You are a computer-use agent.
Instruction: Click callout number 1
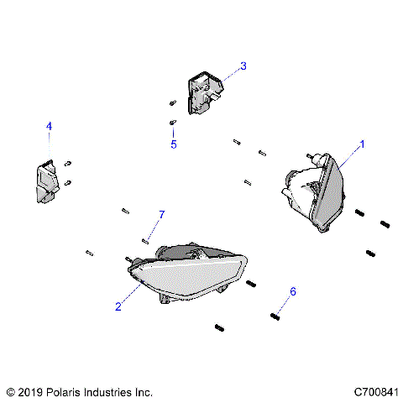click(x=363, y=144)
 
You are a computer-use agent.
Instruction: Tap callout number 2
click(x=118, y=306)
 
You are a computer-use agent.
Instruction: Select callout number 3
click(x=243, y=65)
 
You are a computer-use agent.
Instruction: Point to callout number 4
click(x=49, y=126)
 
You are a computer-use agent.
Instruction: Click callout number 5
click(x=174, y=144)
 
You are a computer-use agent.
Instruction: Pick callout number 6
click(x=293, y=291)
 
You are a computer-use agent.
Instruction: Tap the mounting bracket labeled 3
click(x=204, y=92)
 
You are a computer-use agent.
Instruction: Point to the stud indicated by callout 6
click(x=275, y=316)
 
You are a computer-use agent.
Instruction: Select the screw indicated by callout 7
click(x=145, y=240)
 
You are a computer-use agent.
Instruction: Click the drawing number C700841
click(x=376, y=391)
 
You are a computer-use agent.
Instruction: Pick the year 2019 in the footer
click(x=30, y=391)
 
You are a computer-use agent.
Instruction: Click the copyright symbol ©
click(x=10, y=391)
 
